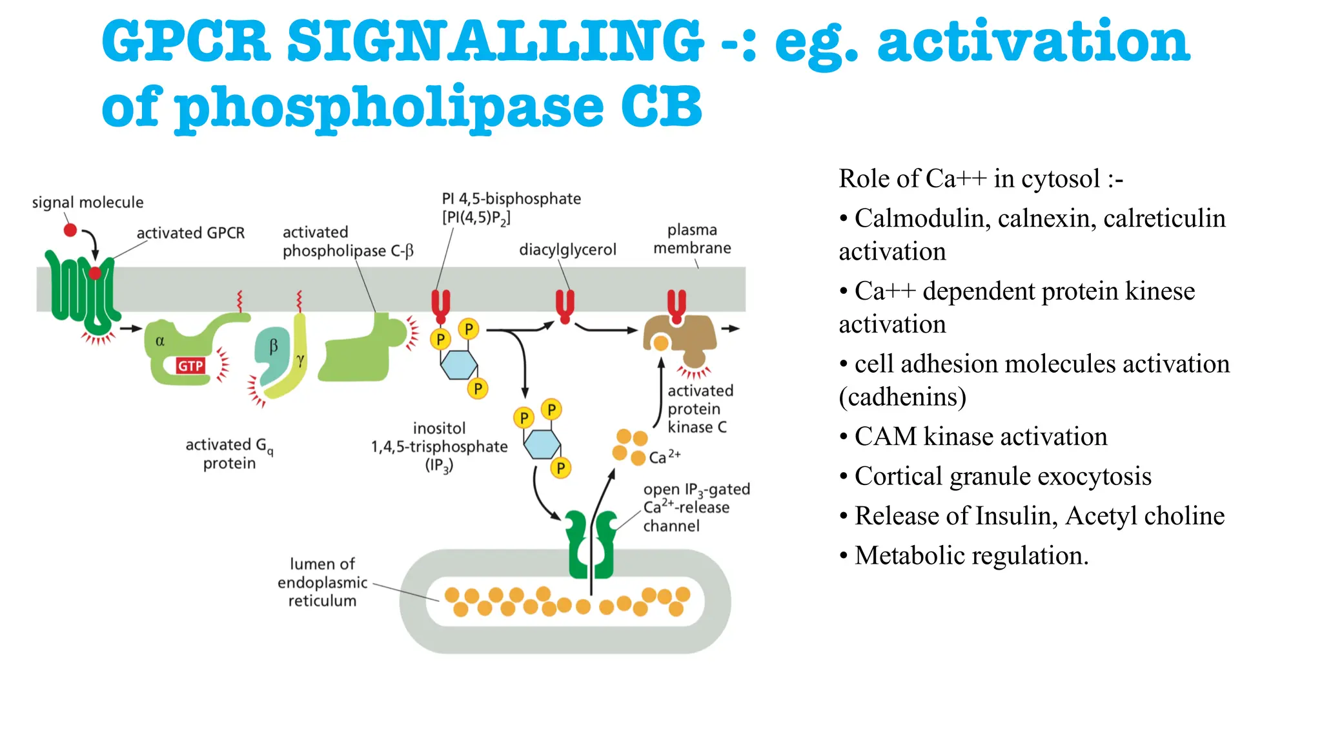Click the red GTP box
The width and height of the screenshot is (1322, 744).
pos(190,366)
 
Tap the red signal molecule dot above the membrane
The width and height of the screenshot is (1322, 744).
pos(70,230)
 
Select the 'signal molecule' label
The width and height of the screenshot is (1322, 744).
pos(88,202)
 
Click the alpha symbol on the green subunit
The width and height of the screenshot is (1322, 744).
pos(160,340)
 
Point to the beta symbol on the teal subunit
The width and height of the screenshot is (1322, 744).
pos(273,346)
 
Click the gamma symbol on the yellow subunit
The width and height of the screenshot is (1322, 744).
pos(300,360)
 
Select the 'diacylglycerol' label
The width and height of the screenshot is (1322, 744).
pos(567,249)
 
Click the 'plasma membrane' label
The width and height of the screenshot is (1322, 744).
pos(692,239)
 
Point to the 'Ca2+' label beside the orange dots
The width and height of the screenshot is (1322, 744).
pos(664,457)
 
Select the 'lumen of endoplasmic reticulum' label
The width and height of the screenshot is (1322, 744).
pos(322,582)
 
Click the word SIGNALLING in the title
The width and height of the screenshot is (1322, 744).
pos(494,41)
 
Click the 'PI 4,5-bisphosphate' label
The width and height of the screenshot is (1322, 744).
pos(511,199)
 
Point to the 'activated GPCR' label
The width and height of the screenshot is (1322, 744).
pos(190,232)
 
